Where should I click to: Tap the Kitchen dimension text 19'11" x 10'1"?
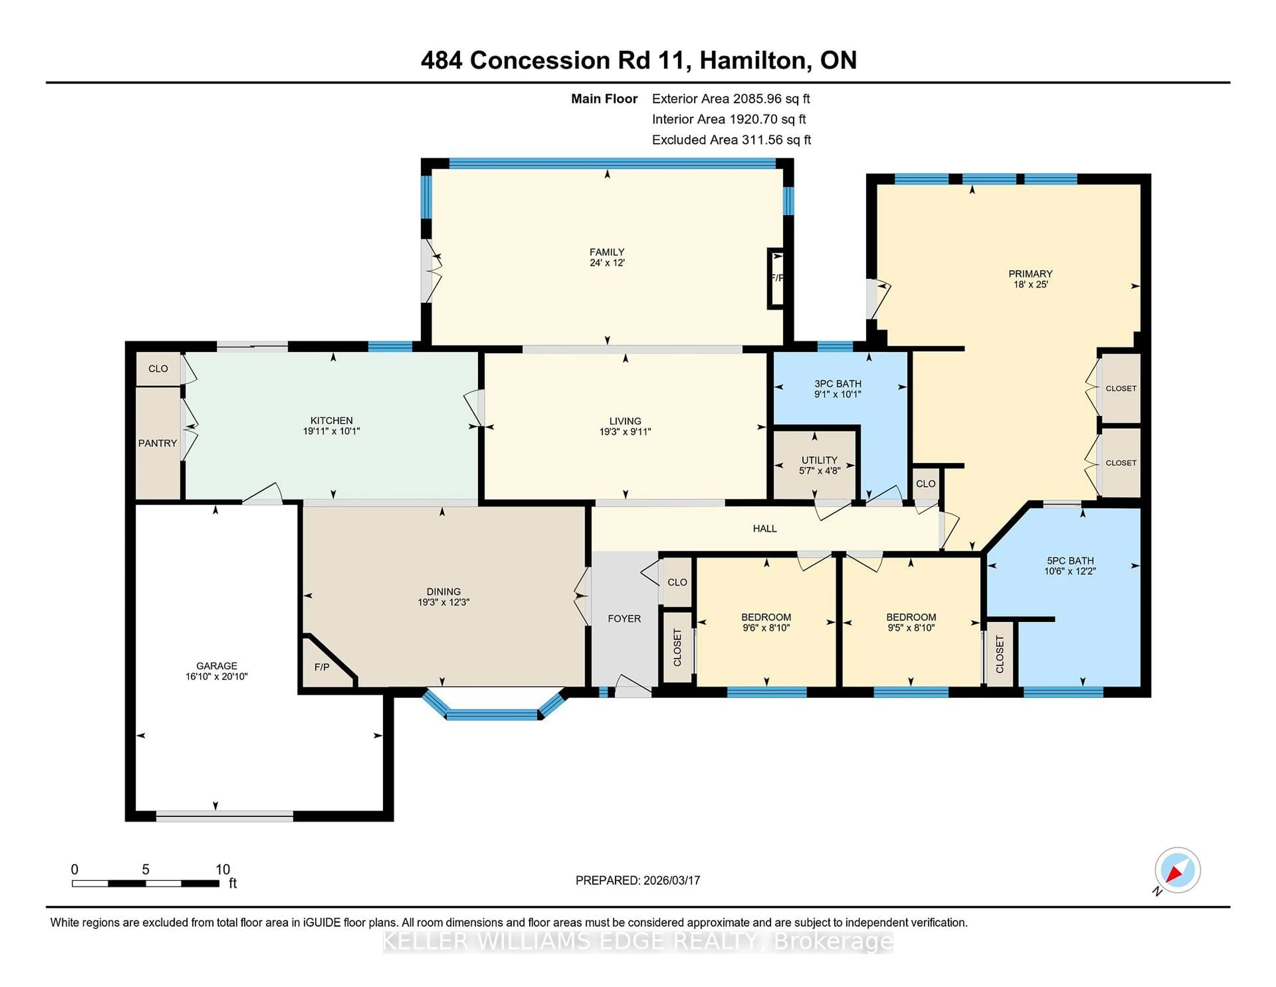[x=331, y=431]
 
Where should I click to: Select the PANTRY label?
[x=157, y=443]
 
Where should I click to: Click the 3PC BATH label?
[x=837, y=383]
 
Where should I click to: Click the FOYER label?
[x=624, y=618]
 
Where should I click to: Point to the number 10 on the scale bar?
[x=223, y=870]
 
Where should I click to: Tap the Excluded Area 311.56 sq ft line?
[x=731, y=140]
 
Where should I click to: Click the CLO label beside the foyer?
[x=677, y=582]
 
